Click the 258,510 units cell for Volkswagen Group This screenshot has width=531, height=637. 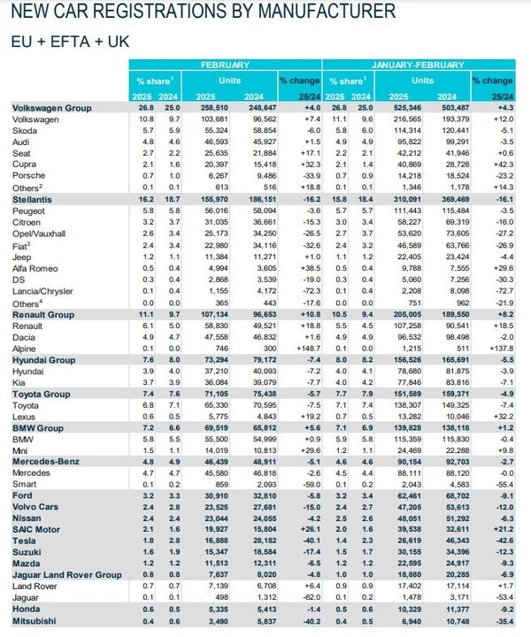(209, 106)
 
